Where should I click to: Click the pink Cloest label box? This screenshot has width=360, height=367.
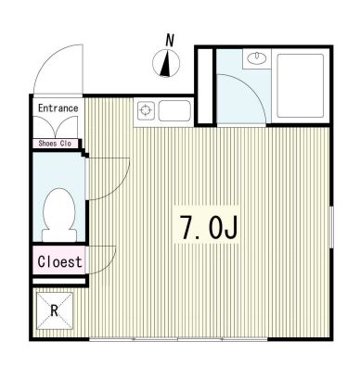click(59, 261)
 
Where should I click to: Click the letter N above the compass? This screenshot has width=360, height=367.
click(170, 40)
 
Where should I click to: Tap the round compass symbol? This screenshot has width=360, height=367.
click(167, 64)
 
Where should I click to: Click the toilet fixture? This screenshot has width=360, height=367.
click(59, 210)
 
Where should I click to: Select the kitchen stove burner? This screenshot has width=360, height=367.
click(145, 112)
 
